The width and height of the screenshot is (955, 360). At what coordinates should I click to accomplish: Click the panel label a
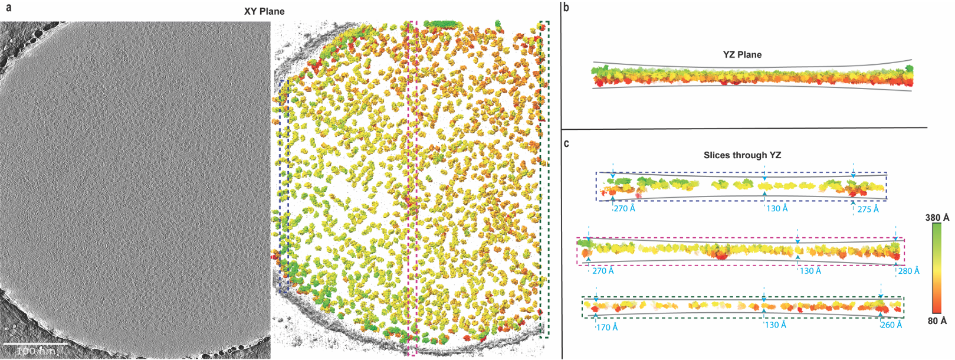pyautogui.click(x=8, y=8)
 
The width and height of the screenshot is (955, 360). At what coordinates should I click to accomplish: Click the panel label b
pyautogui.click(x=566, y=8)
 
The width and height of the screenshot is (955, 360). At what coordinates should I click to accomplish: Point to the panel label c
pyautogui.click(x=566, y=143)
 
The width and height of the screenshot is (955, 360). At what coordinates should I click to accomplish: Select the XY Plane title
pyautogui.click(x=264, y=11)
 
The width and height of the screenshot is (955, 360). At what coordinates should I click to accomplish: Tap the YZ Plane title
pyautogui.click(x=742, y=55)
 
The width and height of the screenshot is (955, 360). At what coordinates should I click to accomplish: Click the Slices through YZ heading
pyautogui.click(x=742, y=155)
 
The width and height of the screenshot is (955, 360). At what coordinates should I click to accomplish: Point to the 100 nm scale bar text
pyautogui.click(x=37, y=351)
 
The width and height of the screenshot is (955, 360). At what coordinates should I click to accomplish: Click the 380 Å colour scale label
pyautogui.click(x=937, y=218)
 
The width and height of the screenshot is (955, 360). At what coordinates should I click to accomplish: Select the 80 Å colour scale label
pyautogui.click(x=937, y=321)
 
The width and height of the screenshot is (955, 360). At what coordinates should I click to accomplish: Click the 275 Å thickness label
pyautogui.click(x=868, y=210)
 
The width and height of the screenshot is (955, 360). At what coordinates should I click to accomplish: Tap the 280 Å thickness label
pyautogui.click(x=908, y=271)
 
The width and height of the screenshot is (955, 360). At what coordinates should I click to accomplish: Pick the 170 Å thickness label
pyautogui.click(x=607, y=327)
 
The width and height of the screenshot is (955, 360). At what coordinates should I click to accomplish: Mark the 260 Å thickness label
pyautogui.click(x=891, y=325)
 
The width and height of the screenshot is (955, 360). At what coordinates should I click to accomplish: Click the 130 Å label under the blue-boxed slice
pyautogui.click(x=777, y=208)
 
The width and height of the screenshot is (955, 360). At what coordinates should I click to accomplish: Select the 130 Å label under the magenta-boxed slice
pyautogui.click(x=810, y=271)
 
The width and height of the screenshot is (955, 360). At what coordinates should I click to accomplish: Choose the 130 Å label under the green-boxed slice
pyautogui.click(x=776, y=325)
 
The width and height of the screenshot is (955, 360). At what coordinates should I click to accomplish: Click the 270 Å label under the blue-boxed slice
pyautogui.click(x=624, y=208)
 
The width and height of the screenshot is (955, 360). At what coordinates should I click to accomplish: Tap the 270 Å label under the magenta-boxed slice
pyautogui.click(x=603, y=271)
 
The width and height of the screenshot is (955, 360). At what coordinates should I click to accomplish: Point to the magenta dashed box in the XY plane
pyautogui.click(x=412, y=189)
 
